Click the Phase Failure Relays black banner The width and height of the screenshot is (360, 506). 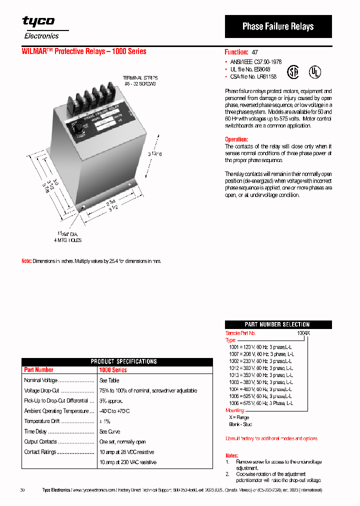(x=278, y=26)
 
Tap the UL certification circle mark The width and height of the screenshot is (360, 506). (x=314, y=71)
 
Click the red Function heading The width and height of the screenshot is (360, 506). (x=236, y=52)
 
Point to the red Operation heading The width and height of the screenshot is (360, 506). (x=236, y=139)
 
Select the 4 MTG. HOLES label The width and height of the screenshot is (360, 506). (x=68, y=240)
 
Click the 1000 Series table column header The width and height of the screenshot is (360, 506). (x=113, y=370)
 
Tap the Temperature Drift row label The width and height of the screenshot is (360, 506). (x=40, y=421)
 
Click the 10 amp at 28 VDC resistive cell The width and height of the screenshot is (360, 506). (x=126, y=452)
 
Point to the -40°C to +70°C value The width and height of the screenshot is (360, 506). (x=114, y=411)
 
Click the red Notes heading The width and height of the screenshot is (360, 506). (x=231, y=456)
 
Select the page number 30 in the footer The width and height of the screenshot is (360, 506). (x=22, y=490)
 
